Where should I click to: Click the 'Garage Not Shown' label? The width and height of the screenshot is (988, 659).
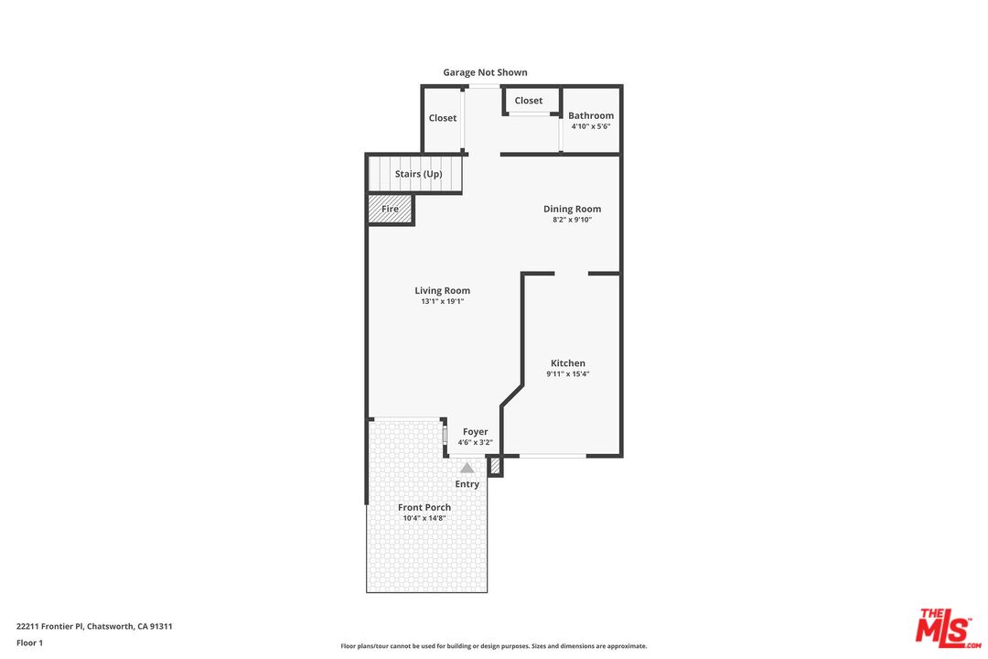click(485, 72)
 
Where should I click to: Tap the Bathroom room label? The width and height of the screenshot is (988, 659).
click(591, 115)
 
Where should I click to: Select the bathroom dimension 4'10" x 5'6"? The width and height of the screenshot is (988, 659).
click(591, 126)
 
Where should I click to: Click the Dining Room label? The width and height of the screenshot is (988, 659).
click(572, 209)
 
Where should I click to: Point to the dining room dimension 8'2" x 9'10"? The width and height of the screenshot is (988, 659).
click(572, 220)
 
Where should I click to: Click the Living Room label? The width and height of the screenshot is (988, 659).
click(442, 291)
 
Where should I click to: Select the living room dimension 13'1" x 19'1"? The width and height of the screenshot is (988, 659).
click(442, 301)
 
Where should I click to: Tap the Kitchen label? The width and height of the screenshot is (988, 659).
click(567, 363)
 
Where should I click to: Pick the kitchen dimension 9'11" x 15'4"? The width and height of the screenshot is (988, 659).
click(567, 374)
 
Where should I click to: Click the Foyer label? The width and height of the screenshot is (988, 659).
click(475, 432)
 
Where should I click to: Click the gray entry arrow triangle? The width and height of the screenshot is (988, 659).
click(467, 468)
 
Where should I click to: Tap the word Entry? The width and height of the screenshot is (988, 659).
click(467, 484)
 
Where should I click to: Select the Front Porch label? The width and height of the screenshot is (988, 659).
click(424, 507)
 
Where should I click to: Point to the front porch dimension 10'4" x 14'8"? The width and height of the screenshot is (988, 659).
click(424, 518)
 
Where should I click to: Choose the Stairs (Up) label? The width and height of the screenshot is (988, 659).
click(418, 174)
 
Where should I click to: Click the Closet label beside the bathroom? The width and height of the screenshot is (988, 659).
click(528, 101)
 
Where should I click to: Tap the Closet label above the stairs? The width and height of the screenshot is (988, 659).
click(443, 118)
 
